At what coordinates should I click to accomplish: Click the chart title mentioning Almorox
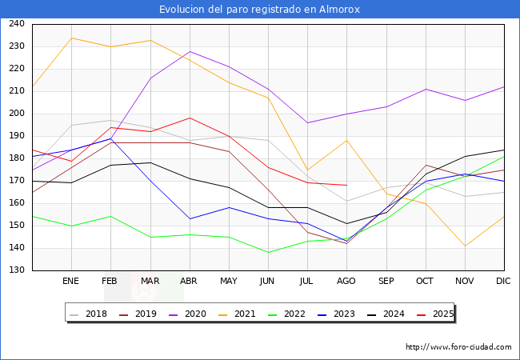pyautogui.click(x=259, y=10)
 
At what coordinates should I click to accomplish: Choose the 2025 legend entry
pyautogui.click(x=438, y=314)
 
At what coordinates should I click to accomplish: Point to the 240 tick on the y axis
pyautogui.click(x=16, y=24)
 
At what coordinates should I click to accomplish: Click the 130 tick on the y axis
pyautogui.click(x=16, y=270)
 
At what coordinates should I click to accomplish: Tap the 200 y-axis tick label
pyautogui.click(x=16, y=114)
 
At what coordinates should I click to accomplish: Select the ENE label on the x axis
pyautogui.click(x=71, y=282)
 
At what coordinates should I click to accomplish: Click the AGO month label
pyautogui.click(x=346, y=282)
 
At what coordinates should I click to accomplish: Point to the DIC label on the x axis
pyautogui.click(x=503, y=282)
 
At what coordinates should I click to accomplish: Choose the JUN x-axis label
pyautogui.click(x=268, y=282)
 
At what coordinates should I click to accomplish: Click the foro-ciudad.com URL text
pyautogui.click(x=458, y=347)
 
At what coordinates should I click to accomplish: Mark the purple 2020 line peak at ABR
pyautogui.click(x=190, y=51)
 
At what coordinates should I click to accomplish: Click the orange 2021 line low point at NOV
pyautogui.click(x=465, y=246)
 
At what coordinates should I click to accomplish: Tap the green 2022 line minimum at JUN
pyautogui.click(x=268, y=253)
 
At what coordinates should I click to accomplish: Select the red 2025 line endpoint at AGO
pyautogui.click(x=346, y=186)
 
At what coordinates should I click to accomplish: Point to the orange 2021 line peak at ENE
pyautogui.click(x=71, y=38)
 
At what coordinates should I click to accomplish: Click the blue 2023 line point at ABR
pyautogui.click(x=190, y=218)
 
